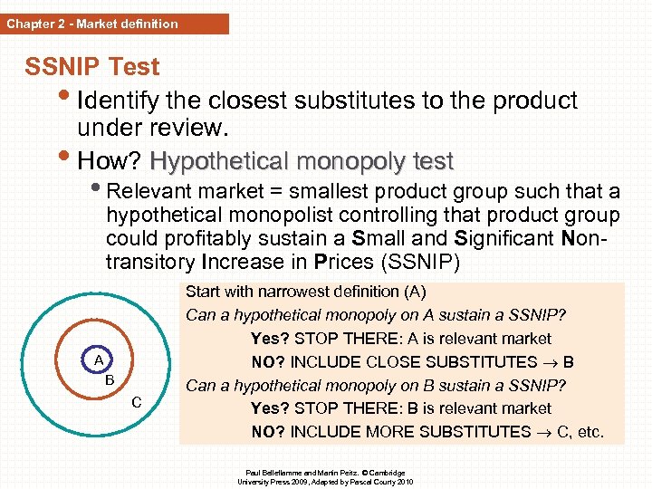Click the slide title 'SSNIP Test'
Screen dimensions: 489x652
tap(91, 67)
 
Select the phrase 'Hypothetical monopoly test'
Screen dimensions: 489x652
tap(302, 161)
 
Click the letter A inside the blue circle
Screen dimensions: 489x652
tap(99, 360)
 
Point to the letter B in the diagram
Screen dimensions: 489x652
tap(109, 379)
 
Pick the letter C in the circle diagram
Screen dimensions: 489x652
tap(136, 401)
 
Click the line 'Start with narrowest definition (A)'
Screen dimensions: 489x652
tap(305, 292)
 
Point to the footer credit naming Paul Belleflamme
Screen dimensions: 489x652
tap(325, 473)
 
